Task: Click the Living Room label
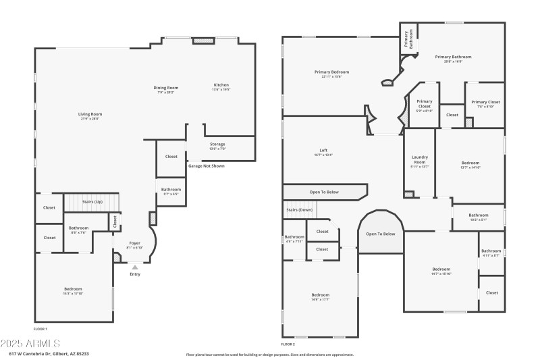click(x=90, y=114)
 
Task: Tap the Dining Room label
click(x=165, y=87)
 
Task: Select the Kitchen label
click(x=221, y=84)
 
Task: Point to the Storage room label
click(x=217, y=144)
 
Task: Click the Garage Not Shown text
click(x=207, y=165)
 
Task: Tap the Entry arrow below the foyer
click(x=135, y=267)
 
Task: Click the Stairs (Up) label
click(x=92, y=201)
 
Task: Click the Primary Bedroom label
click(x=331, y=72)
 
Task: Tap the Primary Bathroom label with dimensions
click(x=453, y=57)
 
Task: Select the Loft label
click(x=324, y=151)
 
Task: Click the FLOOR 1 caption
click(x=41, y=328)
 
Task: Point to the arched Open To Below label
click(x=380, y=234)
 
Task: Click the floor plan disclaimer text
click(x=270, y=354)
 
